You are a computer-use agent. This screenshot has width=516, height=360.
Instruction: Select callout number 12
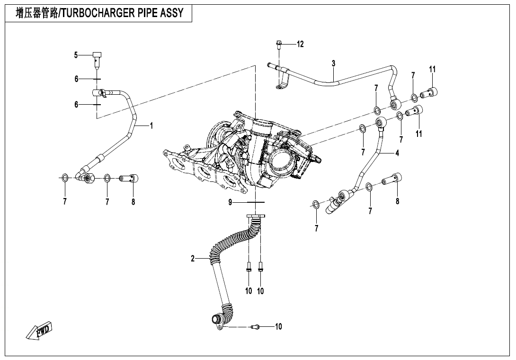300,44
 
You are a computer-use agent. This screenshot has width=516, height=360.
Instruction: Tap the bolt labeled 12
278,45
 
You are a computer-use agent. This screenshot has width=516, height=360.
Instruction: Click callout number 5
76,55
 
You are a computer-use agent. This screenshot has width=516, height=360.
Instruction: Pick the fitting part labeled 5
97,57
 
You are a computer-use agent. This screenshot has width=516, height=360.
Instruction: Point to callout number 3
333,63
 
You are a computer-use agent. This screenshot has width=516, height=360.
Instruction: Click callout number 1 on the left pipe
151,126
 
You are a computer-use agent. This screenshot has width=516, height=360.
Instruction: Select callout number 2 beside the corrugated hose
193,258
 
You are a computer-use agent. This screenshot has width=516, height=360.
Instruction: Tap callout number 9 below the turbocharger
231,202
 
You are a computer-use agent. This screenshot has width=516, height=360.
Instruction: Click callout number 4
397,153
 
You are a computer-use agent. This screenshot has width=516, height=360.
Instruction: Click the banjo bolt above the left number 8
129,179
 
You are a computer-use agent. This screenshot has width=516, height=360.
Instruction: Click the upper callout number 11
432,69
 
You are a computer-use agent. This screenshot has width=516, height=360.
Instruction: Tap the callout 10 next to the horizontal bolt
278,326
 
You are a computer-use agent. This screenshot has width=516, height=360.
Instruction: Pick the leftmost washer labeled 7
64,178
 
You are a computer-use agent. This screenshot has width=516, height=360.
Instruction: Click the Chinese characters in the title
36,13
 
